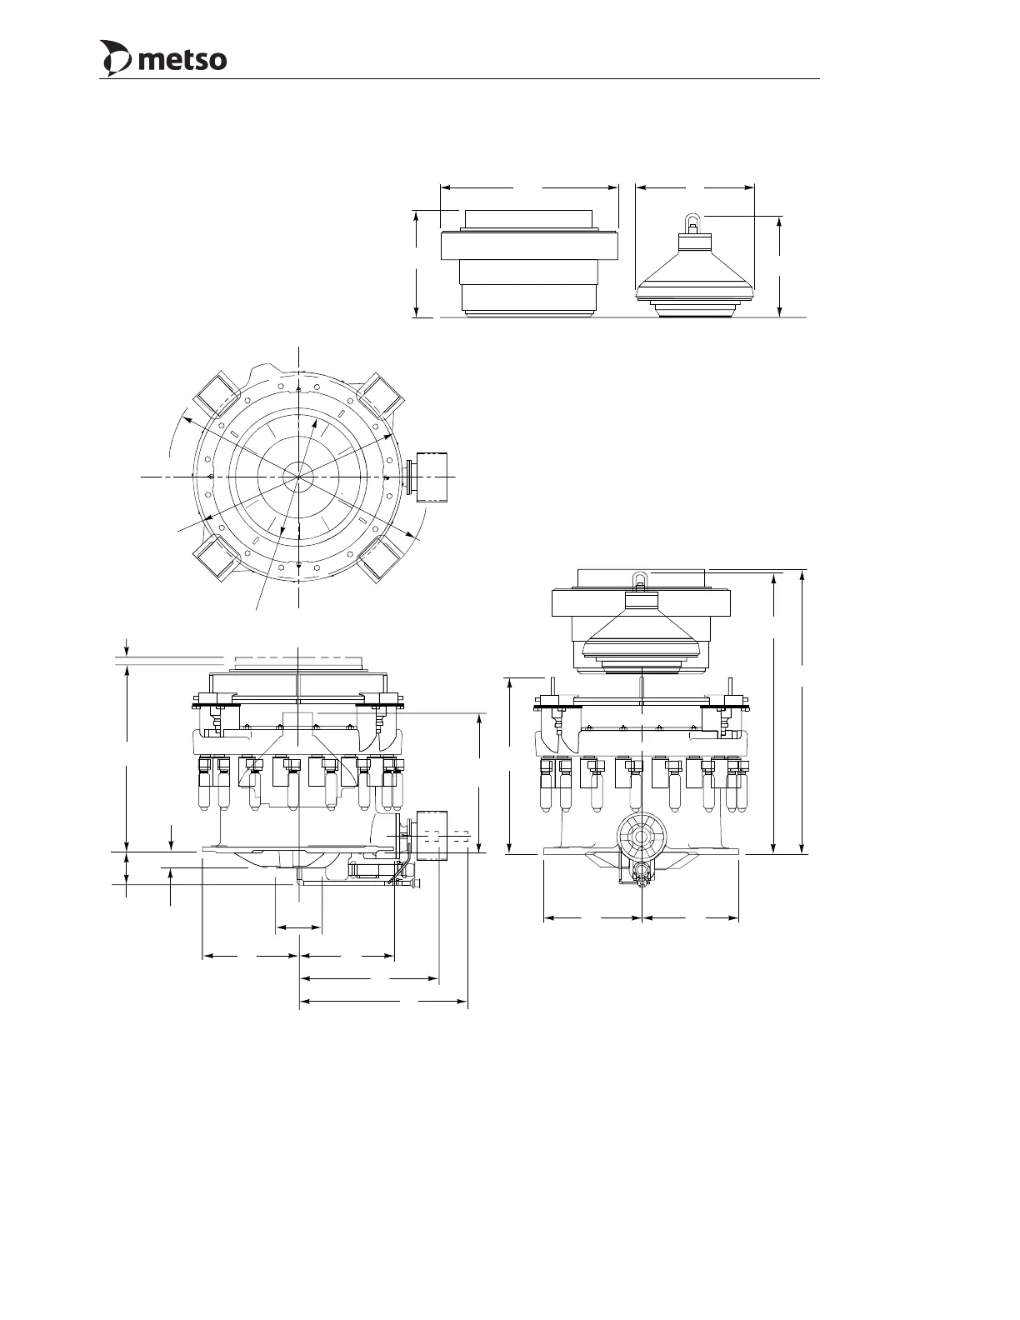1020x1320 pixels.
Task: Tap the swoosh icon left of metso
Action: (116, 58)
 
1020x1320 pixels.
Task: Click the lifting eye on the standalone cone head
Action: (692, 222)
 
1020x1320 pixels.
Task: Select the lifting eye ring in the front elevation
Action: (641, 580)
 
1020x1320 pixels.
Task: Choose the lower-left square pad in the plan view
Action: (214, 559)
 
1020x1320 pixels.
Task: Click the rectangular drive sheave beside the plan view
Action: (433, 476)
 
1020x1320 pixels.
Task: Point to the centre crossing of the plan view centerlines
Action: (299, 477)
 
